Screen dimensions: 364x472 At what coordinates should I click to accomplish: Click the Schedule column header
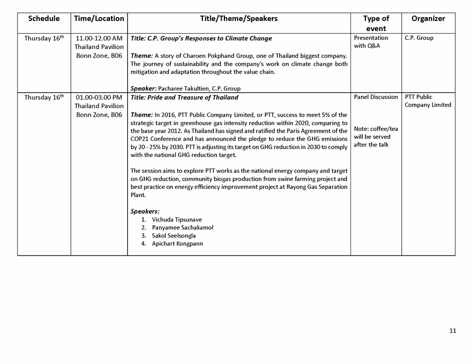click(x=44, y=19)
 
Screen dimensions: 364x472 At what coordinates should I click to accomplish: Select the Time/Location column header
click(x=99, y=19)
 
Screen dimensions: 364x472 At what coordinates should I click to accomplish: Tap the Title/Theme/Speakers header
click(x=239, y=19)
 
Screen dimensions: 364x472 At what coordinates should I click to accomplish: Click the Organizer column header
click(x=428, y=19)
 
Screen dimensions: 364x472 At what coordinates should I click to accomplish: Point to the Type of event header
click(x=376, y=23)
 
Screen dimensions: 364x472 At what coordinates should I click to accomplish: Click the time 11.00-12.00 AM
click(x=99, y=38)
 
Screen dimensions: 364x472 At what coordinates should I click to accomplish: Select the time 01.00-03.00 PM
click(x=99, y=98)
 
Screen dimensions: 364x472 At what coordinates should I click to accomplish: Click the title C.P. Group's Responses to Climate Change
click(x=201, y=38)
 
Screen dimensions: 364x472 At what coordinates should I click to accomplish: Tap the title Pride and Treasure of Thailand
click(x=185, y=98)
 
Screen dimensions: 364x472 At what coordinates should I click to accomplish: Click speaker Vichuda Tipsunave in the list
click(x=177, y=220)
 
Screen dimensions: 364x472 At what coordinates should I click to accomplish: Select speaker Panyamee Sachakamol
click(x=182, y=228)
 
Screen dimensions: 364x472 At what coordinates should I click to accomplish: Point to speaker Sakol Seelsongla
click(x=174, y=236)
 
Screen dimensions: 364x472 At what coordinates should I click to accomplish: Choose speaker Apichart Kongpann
click(x=177, y=244)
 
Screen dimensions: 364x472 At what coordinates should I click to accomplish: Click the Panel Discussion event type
click(x=376, y=97)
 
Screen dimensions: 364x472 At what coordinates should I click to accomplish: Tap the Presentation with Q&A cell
click(x=371, y=42)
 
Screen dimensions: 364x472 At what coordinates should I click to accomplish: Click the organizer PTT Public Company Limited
click(x=428, y=101)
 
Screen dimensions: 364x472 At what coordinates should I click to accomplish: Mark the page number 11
click(x=453, y=331)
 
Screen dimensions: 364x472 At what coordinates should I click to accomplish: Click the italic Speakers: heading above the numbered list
click(x=145, y=212)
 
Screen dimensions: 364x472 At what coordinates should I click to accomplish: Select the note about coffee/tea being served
click(x=376, y=137)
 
